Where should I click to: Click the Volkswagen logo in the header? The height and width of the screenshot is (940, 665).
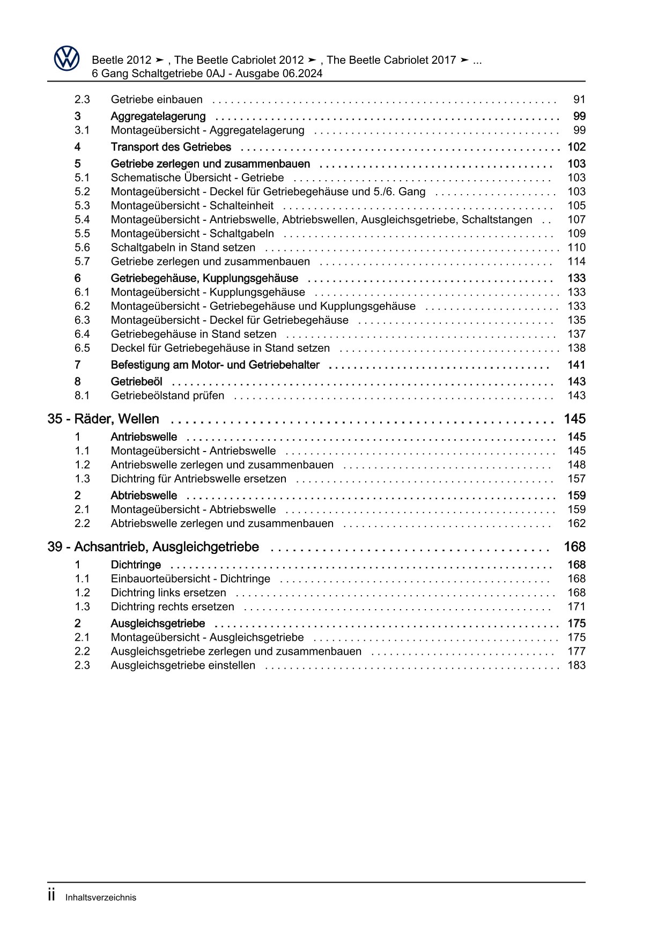click(x=67, y=58)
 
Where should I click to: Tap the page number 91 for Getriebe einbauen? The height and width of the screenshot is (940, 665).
click(x=579, y=99)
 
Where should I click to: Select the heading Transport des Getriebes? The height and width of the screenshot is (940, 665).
click(x=171, y=147)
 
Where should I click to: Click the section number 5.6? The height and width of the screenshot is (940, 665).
click(x=82, y=247)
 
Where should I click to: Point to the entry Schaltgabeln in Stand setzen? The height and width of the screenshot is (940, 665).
click(x=183, y=247)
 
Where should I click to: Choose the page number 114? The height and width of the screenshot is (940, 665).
click(x=577, y=261)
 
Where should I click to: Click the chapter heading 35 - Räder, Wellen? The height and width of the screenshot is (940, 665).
click(x=103, y=419)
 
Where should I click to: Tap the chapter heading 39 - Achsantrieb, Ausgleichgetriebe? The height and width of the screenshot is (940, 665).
click(x=153, y=546)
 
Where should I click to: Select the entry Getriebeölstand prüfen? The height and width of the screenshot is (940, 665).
click(x=167, y=395)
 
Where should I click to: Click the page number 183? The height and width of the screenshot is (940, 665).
click(x=577, y=665)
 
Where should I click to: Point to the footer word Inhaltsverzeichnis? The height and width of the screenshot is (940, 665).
click(x=101, y=897)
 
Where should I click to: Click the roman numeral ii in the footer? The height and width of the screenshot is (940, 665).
click(x=51, y=895)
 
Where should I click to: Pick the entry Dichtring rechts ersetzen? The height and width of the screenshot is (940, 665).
click(x=172, y=606)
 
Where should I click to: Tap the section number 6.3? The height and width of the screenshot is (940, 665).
click(x=82, y=320)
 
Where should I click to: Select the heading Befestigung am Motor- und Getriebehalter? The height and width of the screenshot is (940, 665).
click(x=215, y=365)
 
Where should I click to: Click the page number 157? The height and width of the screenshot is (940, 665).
click(x=577, y=479)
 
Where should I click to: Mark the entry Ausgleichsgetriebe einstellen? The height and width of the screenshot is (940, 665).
click(x=183, y=665)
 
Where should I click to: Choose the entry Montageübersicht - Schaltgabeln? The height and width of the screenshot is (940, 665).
click(x=192, y=233)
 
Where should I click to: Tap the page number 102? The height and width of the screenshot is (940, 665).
click(x=577, y=147)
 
